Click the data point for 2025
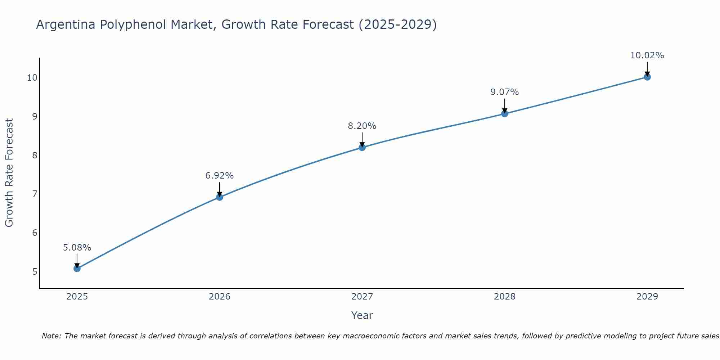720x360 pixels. (x=77, y=269)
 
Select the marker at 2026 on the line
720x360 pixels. (x=219, y=197)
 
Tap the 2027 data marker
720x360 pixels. (x=362, y=147)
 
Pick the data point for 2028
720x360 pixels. (x=504, y=114)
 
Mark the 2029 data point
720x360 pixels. (x=647, y=77)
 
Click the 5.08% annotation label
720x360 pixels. (x=77, y=248)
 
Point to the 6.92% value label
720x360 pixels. (x=219, y=176)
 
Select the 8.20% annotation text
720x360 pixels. (x=362, y=126)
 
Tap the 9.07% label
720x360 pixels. (x=504, y=92)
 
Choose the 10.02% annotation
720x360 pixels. (x=647, y=55)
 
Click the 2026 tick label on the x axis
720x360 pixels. (x=219, y=297)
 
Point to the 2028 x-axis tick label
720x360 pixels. (x=504, y=297)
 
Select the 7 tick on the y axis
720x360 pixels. (x=35, y=194)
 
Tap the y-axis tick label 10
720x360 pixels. (x=32, y=78)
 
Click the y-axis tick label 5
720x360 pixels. (x=35, y=271)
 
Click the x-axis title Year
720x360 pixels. (x=362, y=315)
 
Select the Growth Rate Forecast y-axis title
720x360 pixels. (x=9, y=173)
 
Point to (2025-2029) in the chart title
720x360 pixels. (x=397, y=24)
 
